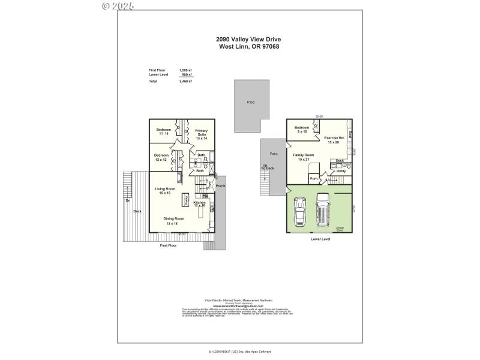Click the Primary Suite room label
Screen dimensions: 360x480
(x=201, y=134)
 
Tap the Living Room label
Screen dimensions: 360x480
(x=164, y=190)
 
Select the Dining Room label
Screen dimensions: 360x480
(x=174, y=220)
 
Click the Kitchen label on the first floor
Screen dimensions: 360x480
(x=200, y=204)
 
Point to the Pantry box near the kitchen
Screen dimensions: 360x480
(x=187, y=199)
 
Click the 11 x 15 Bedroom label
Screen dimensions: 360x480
(x=164, y=131)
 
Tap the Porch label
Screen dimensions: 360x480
(x=220, y=186)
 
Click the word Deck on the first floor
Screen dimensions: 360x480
(x=137, y=211)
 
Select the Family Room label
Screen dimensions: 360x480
(x=303, y=157)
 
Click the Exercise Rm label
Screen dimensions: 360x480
(x=334, y=140)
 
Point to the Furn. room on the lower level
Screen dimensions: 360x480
(x=313, y=179)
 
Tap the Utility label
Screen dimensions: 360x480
(x=341, y=171)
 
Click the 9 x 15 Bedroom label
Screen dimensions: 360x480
(x=302, y=129)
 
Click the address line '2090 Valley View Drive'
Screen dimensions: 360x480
(x=248, y=39)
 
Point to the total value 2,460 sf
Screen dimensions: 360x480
(x=185, y=81)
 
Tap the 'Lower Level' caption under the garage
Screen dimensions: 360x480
(x=320, y=238)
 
